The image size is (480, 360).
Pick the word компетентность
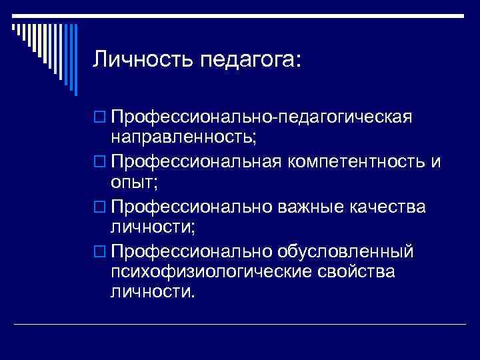(x=347, y=163)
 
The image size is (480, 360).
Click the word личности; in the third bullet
(x=153, y=227)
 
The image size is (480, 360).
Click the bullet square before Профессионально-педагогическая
(x=101, y=119)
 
